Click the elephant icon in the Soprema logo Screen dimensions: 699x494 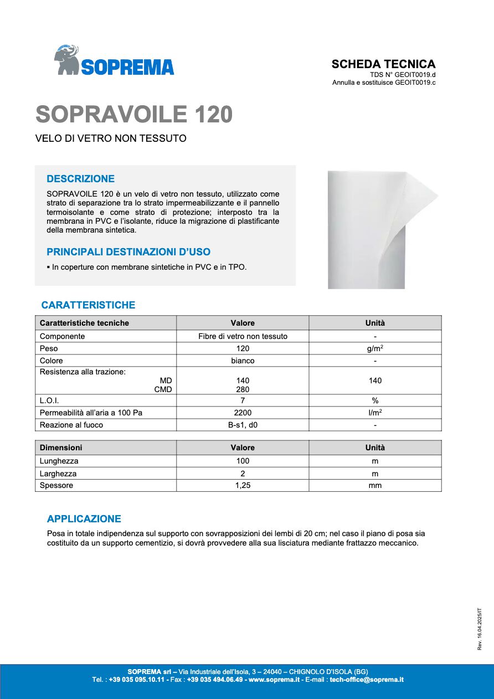tap(67, 60)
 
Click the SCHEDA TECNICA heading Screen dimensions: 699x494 tap(383, 64)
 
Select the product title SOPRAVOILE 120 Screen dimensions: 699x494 tap(134, 114)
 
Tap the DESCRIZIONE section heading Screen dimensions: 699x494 tap(81, 179)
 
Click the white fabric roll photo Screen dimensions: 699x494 tap(377, 229)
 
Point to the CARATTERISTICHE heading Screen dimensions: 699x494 tap(88, 305)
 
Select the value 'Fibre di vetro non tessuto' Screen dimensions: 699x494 tap(243, 336)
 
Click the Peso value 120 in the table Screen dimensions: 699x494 tap(243, 348)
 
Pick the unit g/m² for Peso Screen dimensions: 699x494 tap(375, 348)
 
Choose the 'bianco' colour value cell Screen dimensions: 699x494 tap(243, 361)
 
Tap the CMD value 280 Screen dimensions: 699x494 tap(243, 389)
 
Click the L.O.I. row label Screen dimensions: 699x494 tap(49, 400)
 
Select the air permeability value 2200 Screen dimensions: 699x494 tap(243, 413)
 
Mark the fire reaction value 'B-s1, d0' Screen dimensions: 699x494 tap(243, 425)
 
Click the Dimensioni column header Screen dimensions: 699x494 tap(61, 448)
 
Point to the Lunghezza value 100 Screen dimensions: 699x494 tap(243, 461)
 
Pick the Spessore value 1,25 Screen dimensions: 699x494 tap(243, 485)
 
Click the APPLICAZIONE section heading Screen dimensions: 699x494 tap(84, 519)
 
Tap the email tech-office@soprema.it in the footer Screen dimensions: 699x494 tap(367, 679)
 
